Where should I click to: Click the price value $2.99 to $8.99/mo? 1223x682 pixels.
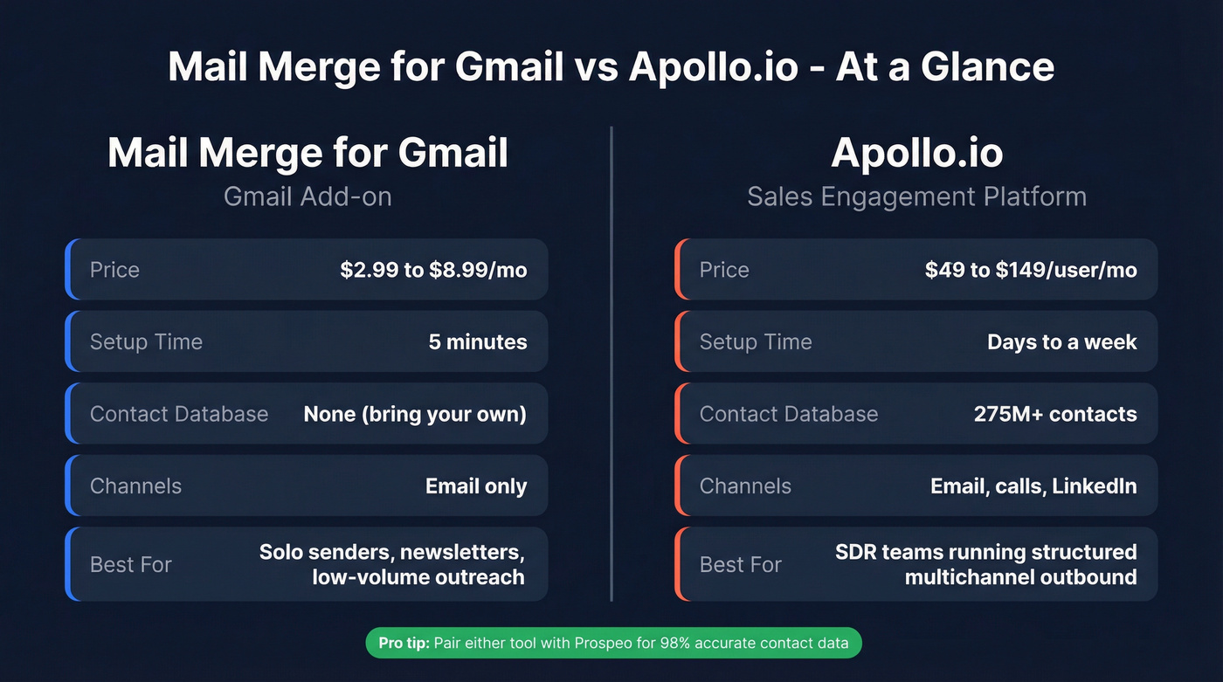click(433, 270)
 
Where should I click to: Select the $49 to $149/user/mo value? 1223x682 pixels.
click(1031, 270)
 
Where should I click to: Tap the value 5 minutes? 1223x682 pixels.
click(478, 341)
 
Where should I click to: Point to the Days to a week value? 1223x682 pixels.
click(1061, 341)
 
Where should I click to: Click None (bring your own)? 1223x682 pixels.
click(415, 414)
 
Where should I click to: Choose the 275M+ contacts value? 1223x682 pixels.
click(1055, 414)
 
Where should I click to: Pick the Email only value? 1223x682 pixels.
click(476, 486)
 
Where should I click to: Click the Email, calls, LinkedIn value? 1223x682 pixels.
click(1033, 486)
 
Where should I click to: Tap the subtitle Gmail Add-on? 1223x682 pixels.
click(307, 196)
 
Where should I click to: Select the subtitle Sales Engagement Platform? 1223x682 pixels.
click(916, 196)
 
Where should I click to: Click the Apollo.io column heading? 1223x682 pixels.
click(916, 153)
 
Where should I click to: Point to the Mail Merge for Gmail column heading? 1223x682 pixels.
click(307, 153)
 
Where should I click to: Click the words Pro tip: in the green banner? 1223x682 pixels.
click(404, 644)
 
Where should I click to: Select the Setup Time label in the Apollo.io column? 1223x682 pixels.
click(756, 341)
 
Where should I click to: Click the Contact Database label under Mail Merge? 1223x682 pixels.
click(179, 414)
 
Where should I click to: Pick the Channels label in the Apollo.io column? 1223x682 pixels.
click(745, 486)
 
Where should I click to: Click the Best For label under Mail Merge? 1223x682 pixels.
click(131, 564)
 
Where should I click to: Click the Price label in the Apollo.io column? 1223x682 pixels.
click(724, 270)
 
